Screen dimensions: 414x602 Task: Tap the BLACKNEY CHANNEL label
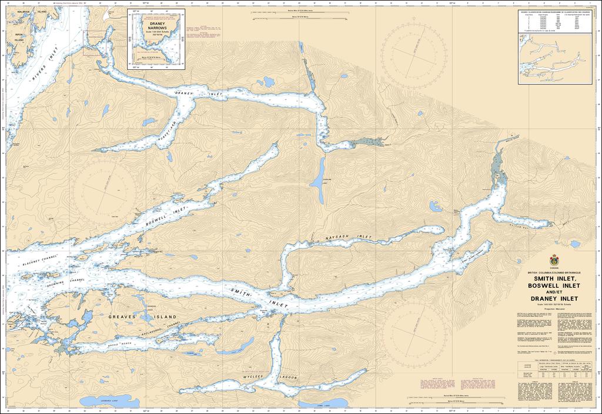(x=41, y=262)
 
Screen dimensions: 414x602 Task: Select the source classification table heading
(x=553, y=12)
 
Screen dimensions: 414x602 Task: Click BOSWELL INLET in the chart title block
(x=553, y=286)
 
